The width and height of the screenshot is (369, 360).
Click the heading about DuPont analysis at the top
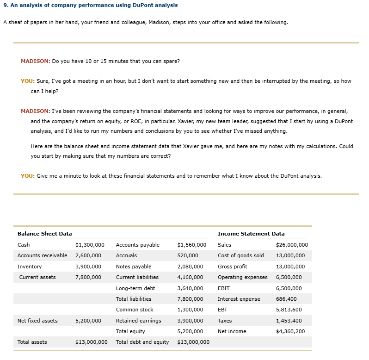coord(91,5)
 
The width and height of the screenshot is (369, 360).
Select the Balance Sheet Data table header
coord(44,234)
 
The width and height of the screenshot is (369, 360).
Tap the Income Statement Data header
coord(251,234)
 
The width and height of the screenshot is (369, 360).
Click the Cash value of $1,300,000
coord(89,245)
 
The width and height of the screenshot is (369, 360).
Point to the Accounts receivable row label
coord(42,255)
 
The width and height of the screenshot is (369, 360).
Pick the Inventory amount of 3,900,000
coord(88,267)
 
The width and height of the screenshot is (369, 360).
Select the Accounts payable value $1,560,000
coord(191,245)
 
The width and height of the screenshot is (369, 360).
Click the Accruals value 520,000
coord(188,255)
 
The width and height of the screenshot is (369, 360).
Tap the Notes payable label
coord(134,267)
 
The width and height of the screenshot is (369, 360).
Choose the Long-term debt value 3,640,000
coord(190,288)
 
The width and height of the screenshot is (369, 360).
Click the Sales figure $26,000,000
coord(291,245)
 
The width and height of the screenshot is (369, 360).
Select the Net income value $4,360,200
coord(290,331)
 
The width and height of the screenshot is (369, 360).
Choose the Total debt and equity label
coord(142,342)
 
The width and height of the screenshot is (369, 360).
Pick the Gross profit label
coord(232,267)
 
